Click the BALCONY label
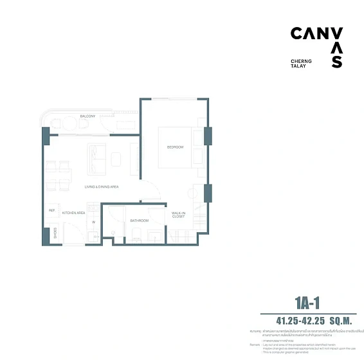click(x=87, y=116)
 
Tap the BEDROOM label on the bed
click(x=175, y=147)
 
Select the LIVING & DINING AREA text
click(x=102, y=186)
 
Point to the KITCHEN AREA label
click(x=74, y=212)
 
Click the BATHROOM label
click(x=140, y=221)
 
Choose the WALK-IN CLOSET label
click(x=178, y=215)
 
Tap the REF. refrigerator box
click(x=51, y=210)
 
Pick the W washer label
click(x=93, y=222)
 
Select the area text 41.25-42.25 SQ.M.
click(x=307, y=319)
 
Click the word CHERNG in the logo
click(x=302, y=61)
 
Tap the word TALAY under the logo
click(x=298, y=66)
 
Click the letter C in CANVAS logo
click(x=298, y=33)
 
